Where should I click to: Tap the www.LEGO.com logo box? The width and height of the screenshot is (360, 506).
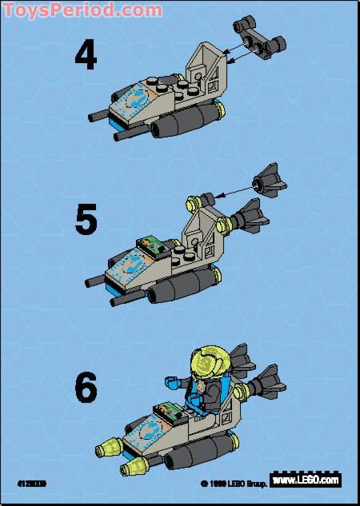tap(305, 480)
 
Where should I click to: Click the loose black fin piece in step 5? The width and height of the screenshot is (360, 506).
tap(269, 183)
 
